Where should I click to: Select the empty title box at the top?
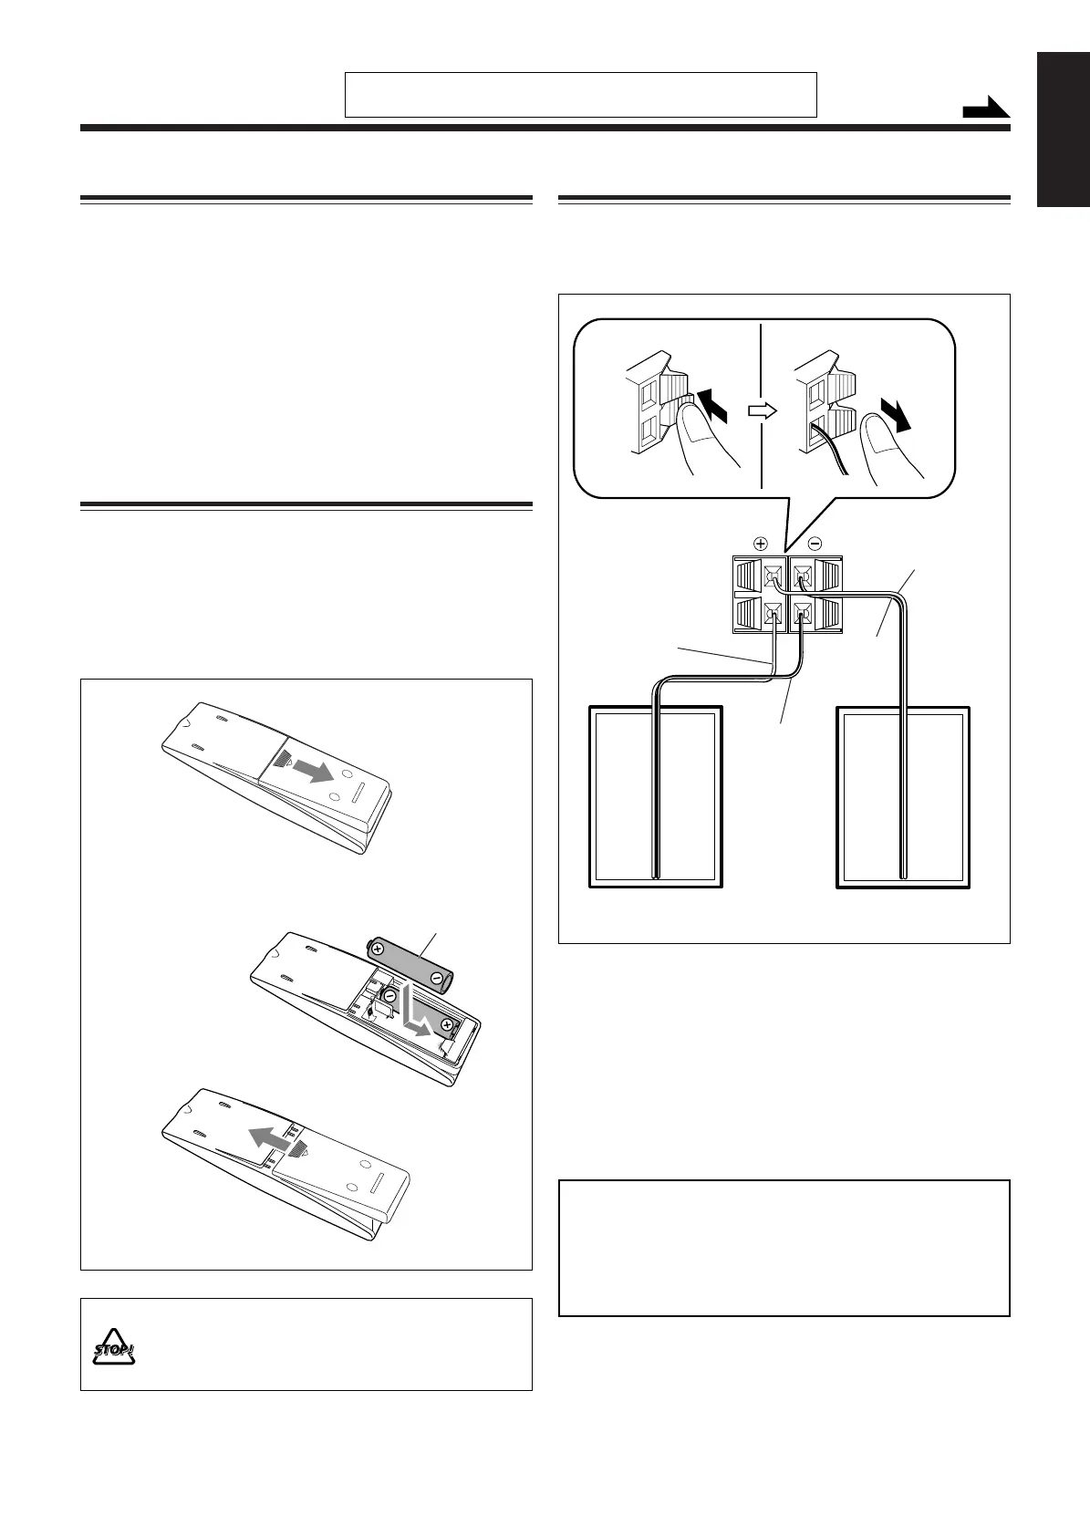(x=580, y=95)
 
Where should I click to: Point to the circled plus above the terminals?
(x=761, y=543)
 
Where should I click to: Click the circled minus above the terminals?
(x=815, y=543)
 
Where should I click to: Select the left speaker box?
(x=656, y=796)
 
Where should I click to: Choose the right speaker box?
(x=903, y=796)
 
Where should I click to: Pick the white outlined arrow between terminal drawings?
(x=761, y=411)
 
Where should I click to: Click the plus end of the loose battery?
(x=377, y=950)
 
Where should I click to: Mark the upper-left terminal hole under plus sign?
(x=773, y=576)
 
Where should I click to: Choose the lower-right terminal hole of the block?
(x=802, y=613)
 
